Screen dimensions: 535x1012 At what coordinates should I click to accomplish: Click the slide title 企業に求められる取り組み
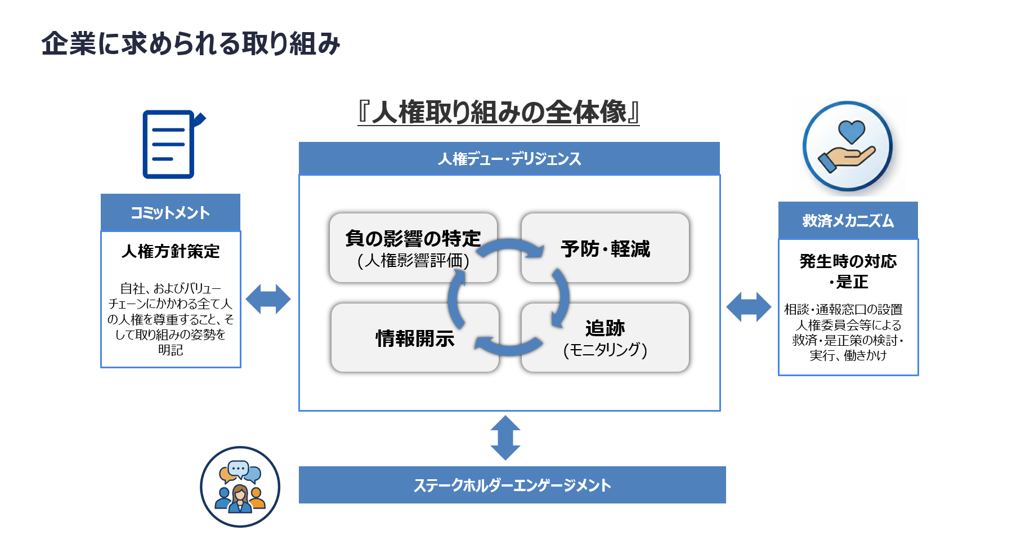coord(190,44)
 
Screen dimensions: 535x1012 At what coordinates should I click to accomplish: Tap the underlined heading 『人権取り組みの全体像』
coord(498,112)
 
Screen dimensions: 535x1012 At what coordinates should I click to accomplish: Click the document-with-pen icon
coord(171,144)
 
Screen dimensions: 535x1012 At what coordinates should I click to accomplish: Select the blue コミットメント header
coord(171,212)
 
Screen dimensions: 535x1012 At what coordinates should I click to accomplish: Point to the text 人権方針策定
coord(171,251)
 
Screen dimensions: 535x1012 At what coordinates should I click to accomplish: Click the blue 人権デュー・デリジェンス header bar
coord(509,159)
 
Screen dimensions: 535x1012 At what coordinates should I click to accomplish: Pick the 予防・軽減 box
coord(605,248)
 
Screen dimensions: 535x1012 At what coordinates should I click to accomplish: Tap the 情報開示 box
coord(415,338)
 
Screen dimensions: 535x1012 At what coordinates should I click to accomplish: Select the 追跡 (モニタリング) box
coord(605,338)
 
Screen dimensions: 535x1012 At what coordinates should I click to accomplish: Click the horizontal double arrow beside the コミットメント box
coord(268,299)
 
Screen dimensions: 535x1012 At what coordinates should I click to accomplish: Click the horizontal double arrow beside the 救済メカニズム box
coord(749,307)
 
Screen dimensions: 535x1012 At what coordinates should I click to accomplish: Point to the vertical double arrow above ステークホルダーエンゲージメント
coord(505,438)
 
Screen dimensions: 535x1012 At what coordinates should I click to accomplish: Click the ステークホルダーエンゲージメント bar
coord(512,485)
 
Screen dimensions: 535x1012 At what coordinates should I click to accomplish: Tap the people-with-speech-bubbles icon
coord(240,487)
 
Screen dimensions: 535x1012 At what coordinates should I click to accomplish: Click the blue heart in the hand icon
coord(850,133)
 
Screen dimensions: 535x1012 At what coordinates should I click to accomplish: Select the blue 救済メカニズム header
coord(848,220)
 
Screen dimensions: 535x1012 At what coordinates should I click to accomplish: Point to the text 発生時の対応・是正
coord(848,271)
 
